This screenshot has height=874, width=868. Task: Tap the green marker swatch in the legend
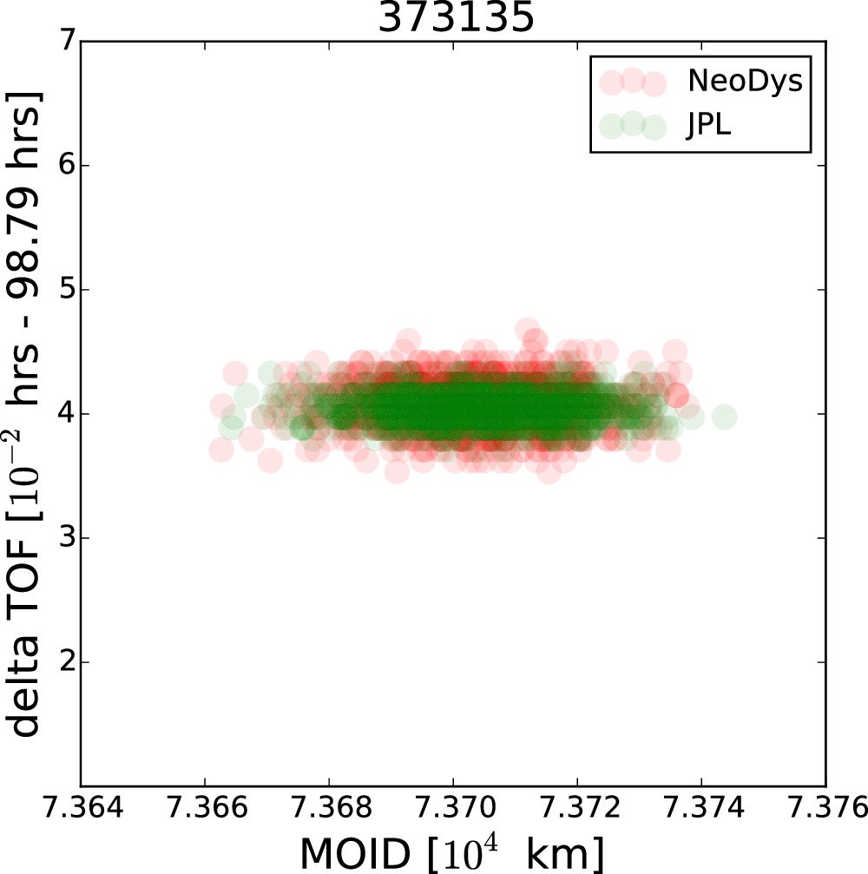pyautogui.click(x=632, y=126)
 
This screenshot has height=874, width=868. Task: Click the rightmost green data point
pyautogui.click(x=724, y=417)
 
